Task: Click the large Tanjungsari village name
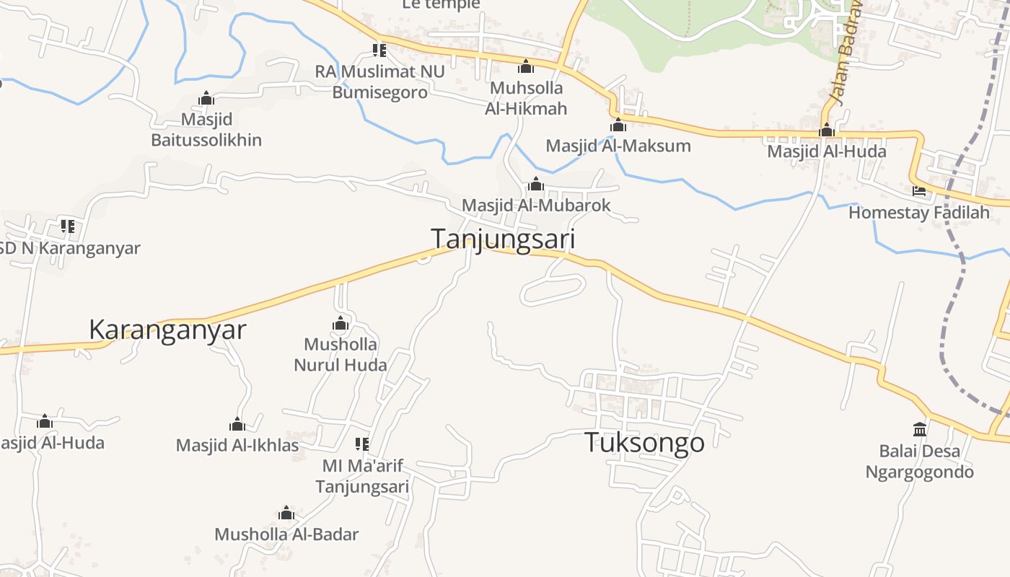pyautogui.click(x=503, y=239)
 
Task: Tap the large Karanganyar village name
pyautogui.click(x=167, y=330)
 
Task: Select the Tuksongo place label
pyautogui.click(x=644, y=442)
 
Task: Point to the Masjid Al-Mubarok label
pyautogui.click(x=536, y=206)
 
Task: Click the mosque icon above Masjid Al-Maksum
pyautogui.click(x=618, y=125)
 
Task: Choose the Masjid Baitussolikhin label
pyautogui.click(x=206, y=129)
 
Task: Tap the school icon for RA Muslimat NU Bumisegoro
pyautogui.click(x=379, y=50)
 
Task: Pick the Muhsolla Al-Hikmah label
pyautogui.click(x=526, y=98)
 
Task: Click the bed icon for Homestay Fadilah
pyautogui.click(x=919, y=191)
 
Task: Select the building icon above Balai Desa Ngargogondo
pyautogui.click(x=920, y=430)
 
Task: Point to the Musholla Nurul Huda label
pyautogui.click(x=341, y=354)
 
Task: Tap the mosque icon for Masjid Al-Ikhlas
pyautogui.click(x=237, y=424)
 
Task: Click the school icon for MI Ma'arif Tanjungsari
pyautogui.click(x=362, y=444)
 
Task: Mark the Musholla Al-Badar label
pyautogui.click(x=286, y=534)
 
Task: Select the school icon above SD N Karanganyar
pyautogui.click(x=68, y=226)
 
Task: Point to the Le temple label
pyautogui.click(x=441, y=5)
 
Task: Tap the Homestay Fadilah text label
pyautogui.click(x=919, y=213)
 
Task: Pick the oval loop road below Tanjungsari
pyautogui.click(x=553, y=290)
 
